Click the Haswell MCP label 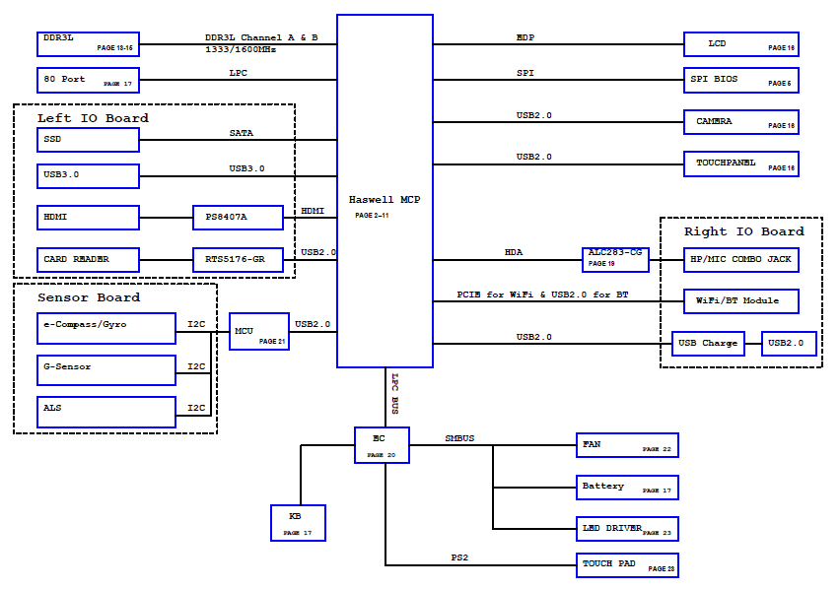385,200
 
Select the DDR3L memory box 89,44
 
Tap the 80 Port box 89,80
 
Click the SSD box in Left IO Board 89,140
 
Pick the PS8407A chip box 238,218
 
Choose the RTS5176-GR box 238,260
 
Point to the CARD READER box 89,260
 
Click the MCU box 259,332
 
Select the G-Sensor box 106,370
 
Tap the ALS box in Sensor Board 106,412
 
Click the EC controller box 382,445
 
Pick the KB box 299,523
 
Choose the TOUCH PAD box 627,565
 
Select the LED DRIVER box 627,529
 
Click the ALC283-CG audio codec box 615,260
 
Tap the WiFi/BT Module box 741,301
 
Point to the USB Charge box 708,344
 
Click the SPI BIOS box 741,80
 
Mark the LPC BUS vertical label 394,394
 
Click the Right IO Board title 744,231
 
